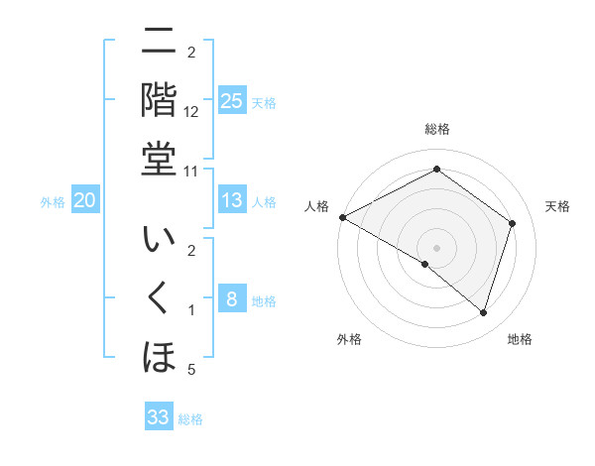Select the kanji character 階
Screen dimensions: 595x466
[x=159, y=99]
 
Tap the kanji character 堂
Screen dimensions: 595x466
[x=159, y=159]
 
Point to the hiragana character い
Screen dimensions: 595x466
[x=159, y=241]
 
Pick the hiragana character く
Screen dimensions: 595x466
[x=159, y=298]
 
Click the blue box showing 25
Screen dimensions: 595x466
[x=231, y=101]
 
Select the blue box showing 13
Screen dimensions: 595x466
[x=231, y=201]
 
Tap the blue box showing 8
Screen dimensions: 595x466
[x=231, y=299]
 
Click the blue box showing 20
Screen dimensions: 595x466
[x=84, y=201]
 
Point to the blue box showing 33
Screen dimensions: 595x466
[x=159, y=417]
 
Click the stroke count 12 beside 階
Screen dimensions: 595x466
[x=191, y=111]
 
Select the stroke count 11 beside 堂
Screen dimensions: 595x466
[x=191, y=171]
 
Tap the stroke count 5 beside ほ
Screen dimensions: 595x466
[x=191, y=370]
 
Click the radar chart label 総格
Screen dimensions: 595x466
[x=436, y=129]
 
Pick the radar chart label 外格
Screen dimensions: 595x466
[x=349, y=339]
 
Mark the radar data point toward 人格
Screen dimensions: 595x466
[x=342, y=217]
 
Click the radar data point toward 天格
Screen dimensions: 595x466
[x=512, y=223]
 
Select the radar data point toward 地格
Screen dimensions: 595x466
[x=483, y=312]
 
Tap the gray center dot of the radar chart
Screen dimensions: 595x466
[x=436, y=247]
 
